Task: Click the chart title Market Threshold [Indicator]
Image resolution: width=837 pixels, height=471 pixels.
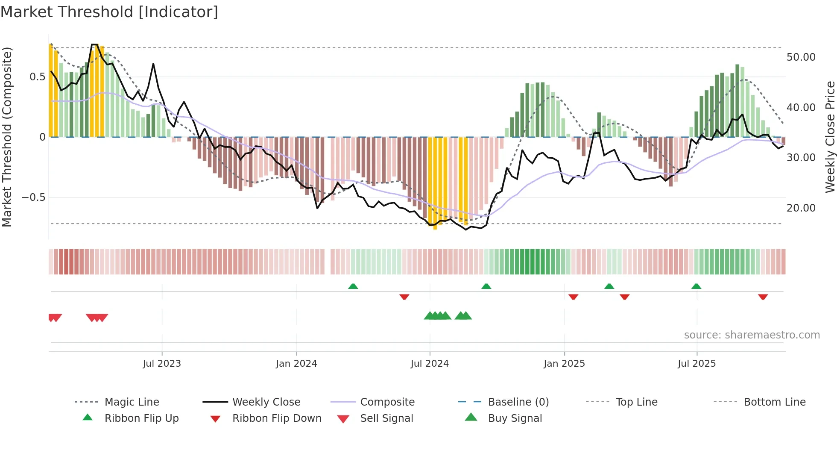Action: click(x=109, y=12)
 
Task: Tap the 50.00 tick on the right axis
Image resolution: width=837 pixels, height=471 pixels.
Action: click(x=801, y=57)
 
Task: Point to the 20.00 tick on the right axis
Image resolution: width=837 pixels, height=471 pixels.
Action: click(x=801, y=208)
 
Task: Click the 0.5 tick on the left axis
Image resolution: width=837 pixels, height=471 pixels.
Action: click(x=37, y=77)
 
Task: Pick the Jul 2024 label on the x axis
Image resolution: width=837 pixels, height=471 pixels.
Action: click(x=430, y=364)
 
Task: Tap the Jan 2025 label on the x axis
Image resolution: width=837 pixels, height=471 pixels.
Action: click(x=564, y=364)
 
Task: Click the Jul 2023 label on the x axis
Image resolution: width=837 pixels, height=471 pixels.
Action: click(x=162, y=364)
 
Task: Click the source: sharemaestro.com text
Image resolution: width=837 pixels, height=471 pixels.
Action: click(x=752, y=335)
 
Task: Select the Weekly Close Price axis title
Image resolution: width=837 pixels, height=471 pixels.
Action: click(x=830, y=137)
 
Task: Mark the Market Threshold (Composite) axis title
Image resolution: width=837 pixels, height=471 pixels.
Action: click(x=7, y=137)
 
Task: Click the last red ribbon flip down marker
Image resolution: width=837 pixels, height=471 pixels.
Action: click(x=763, y=297)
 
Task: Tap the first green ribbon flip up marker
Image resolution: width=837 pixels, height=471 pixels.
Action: click(x=353, y=286)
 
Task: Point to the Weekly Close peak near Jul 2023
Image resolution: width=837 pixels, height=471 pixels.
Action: click(x=153, y=65)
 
